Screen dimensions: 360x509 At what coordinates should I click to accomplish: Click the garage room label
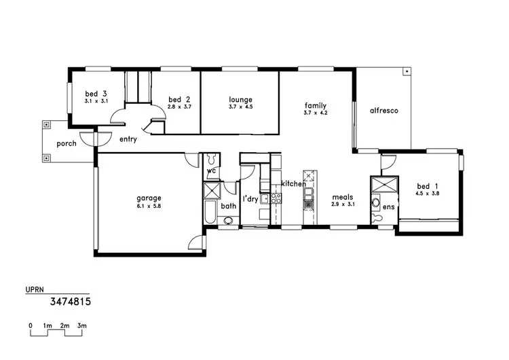[149, 198]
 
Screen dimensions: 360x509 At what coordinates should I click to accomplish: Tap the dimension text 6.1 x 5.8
[149, 206]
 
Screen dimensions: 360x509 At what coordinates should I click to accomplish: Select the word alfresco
[383, 110]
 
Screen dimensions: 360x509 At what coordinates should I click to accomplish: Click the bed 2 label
[178, 99]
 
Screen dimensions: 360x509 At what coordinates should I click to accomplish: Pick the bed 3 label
[96, 94]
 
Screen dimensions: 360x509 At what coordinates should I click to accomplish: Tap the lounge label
[240, 99]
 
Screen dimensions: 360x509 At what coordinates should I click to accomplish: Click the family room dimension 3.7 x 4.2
[316, 113]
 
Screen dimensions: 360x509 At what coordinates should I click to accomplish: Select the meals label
[343, 197]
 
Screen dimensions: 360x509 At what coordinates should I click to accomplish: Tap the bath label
[228, 205]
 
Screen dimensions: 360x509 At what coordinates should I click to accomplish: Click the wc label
[211, 171]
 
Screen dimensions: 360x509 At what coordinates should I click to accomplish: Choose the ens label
[388, 206]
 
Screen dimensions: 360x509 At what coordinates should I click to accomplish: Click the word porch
[67, 143]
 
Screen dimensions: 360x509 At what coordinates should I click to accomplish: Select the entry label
[128, 139]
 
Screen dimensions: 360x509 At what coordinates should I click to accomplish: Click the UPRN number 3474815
[71, 300]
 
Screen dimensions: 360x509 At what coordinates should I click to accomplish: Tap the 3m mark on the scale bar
[81, 326]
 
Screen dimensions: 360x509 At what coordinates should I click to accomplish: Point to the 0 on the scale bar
[31, 326]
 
